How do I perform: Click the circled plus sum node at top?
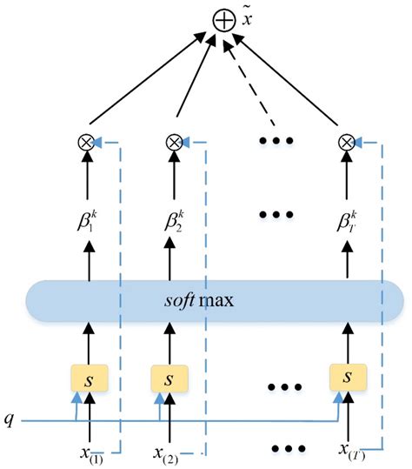(x=223, y=19)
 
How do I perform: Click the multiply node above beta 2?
(x=173, y=143)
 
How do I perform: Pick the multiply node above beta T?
(x=347, y=143)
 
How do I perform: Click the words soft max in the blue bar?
(x=209, y=300)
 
